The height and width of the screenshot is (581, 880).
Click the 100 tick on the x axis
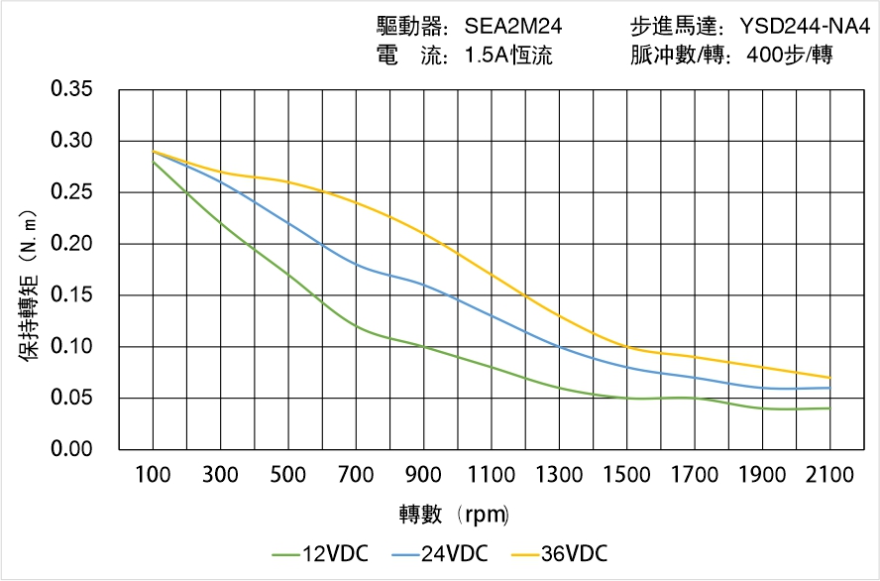click(153, 475)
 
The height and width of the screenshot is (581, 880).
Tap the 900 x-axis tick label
click(423, 475)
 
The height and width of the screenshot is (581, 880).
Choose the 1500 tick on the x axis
click(626, 475)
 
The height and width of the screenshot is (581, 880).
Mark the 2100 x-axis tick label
click(829, 475)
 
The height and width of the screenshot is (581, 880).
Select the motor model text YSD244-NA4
click(805, 27)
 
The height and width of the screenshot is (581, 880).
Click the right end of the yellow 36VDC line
click(829, 378)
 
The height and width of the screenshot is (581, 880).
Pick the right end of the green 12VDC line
click(829, 408)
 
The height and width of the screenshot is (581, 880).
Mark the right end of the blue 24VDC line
click(829, 388)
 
